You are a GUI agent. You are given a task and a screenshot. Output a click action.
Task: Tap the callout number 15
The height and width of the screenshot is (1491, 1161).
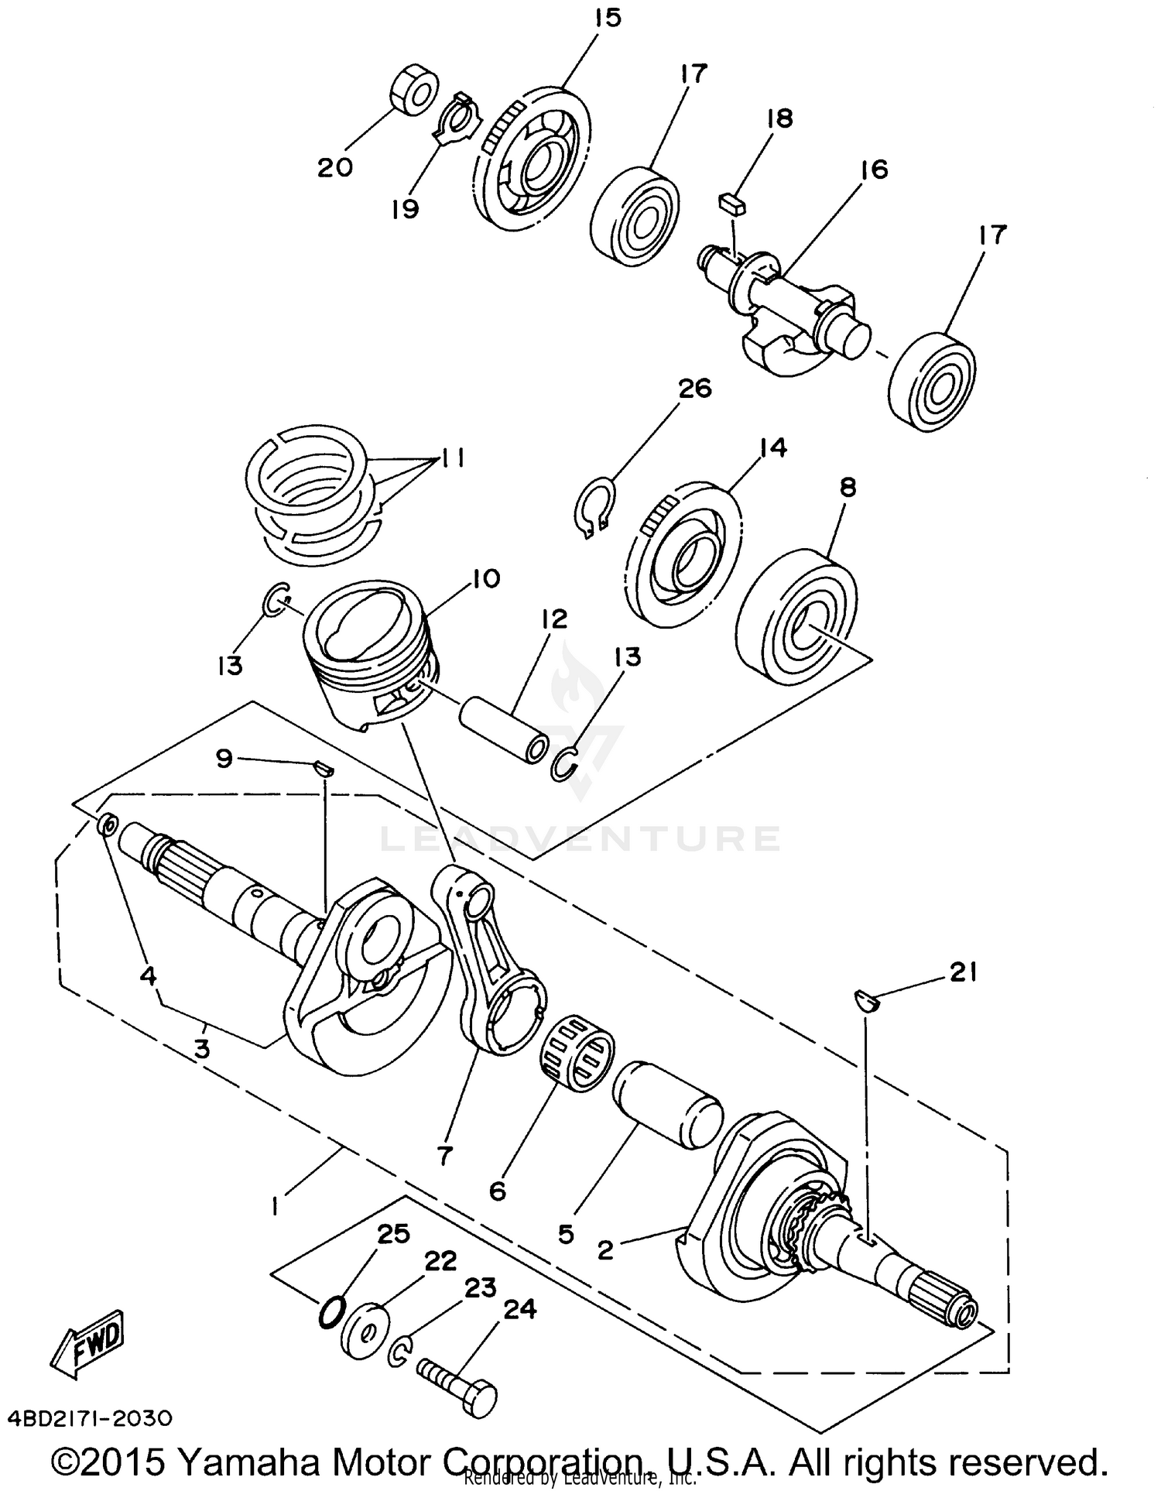pos(608,17)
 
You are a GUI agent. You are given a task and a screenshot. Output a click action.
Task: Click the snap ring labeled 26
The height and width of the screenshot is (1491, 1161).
pos(595,508)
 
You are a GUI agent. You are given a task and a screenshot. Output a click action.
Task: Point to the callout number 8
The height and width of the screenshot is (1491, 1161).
pos(848,487)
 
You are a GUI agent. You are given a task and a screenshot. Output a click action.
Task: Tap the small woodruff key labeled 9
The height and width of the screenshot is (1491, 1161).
pos(324,767)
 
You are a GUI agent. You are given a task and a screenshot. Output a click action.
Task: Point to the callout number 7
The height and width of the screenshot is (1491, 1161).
pos(444,1156)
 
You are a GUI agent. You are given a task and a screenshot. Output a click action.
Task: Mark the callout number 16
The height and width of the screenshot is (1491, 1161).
pos(874,170)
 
